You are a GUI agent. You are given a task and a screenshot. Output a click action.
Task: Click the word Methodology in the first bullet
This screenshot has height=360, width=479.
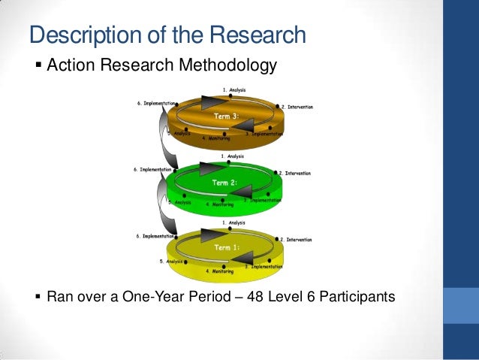pos(224,68)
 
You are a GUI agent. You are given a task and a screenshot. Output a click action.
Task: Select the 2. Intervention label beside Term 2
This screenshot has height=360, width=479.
pos(297,174)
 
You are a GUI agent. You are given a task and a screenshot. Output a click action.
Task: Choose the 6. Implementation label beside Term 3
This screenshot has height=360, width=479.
pos(156,103)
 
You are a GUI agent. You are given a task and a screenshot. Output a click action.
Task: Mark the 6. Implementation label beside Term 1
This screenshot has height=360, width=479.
pos(156,235)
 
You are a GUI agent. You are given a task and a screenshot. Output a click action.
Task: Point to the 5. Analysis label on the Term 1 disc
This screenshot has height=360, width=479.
pos(172,262)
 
